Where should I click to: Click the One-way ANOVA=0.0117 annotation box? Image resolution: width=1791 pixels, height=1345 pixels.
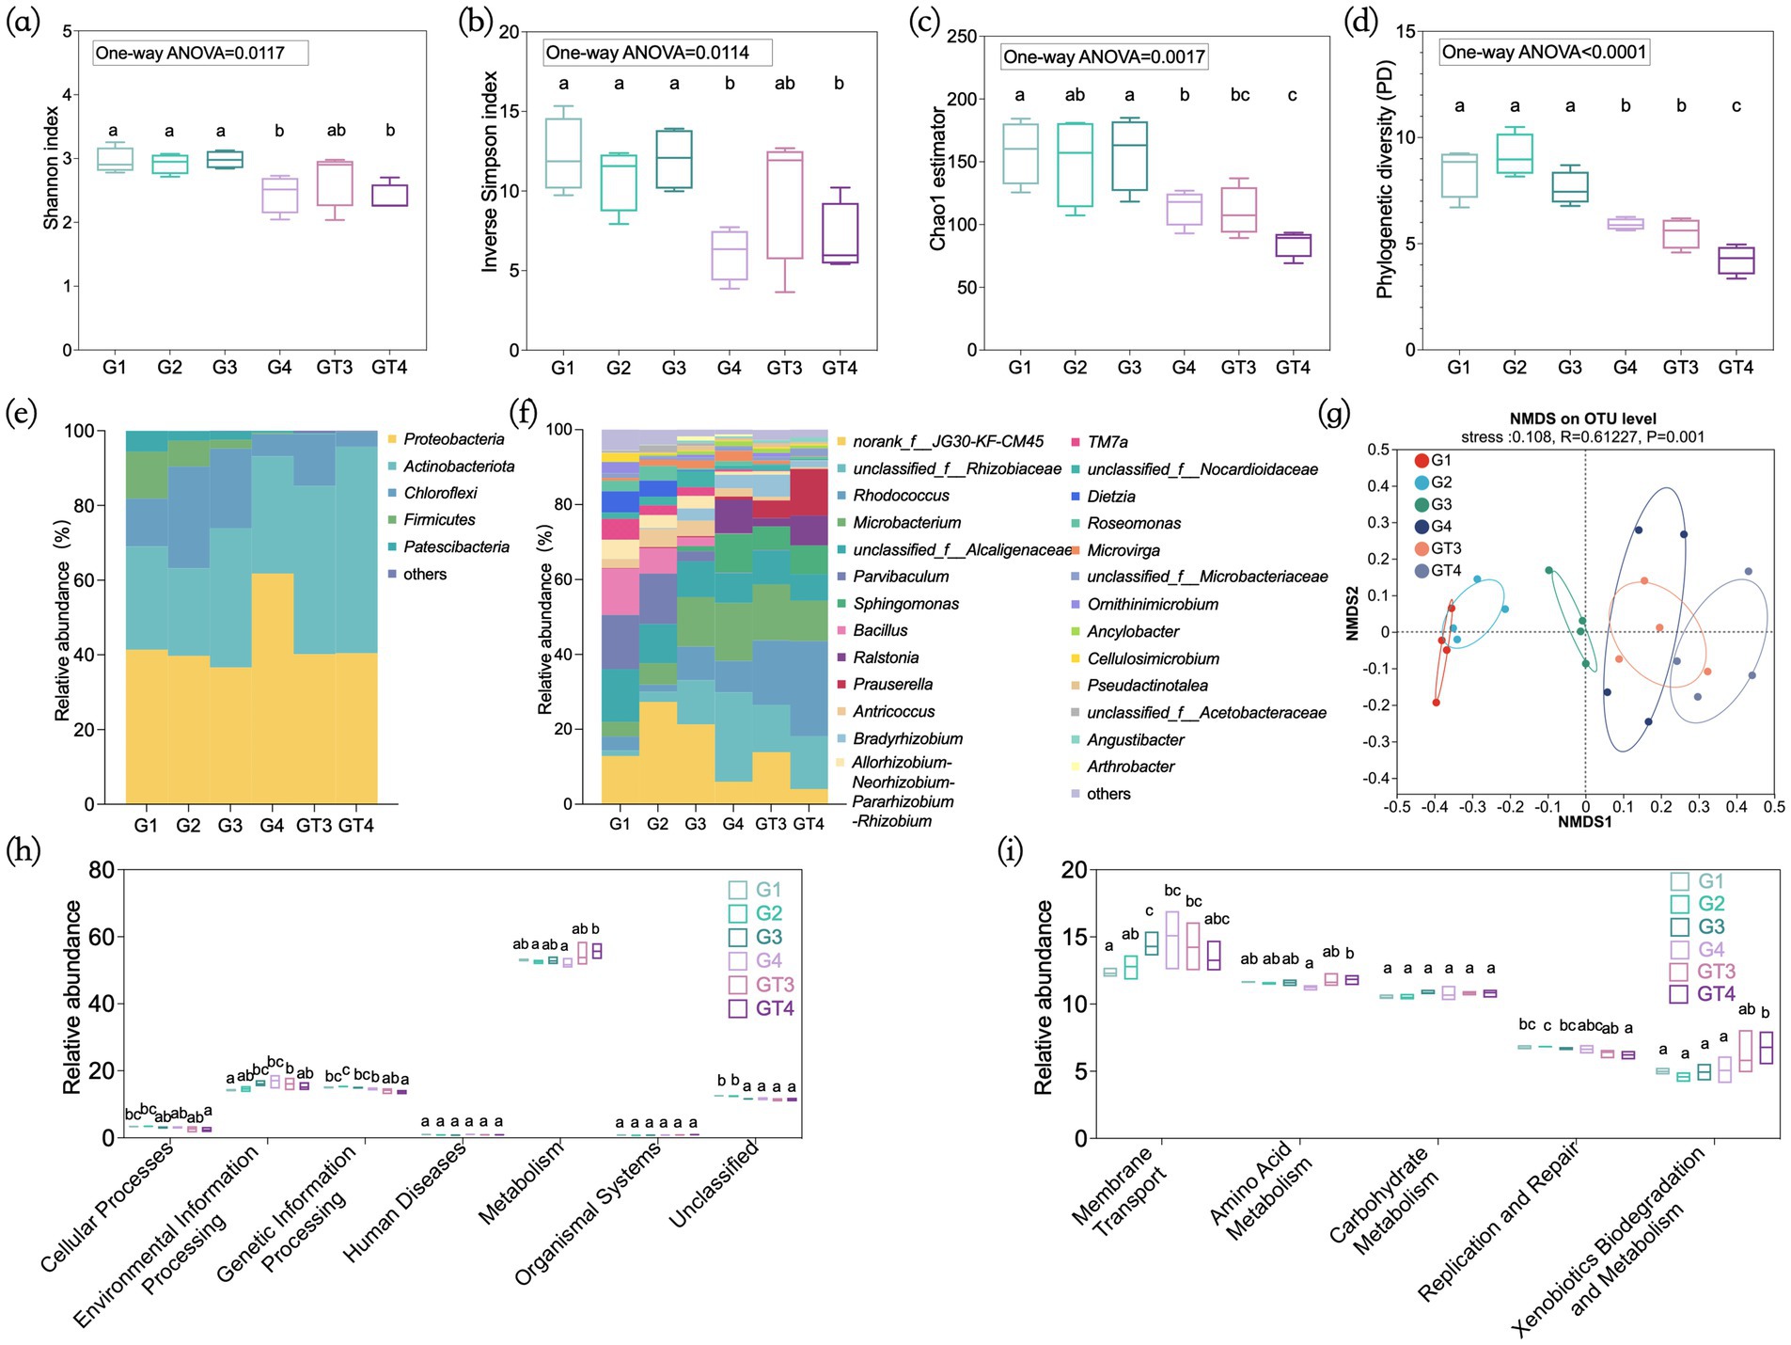(x=200, y=53)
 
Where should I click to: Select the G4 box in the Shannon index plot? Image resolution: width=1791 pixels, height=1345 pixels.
(x=279, y=195)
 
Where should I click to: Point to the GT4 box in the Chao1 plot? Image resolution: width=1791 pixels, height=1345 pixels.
(x=1293, y=245)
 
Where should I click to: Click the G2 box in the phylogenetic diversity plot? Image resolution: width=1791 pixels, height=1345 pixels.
(x=1515, y=153)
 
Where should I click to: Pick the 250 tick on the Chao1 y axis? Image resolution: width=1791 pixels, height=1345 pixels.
(x=962, y=37)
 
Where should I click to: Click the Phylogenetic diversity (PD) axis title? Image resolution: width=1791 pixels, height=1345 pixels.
(x=1384, y=180)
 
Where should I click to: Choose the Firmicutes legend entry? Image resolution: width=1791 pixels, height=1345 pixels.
(x=439, y=520)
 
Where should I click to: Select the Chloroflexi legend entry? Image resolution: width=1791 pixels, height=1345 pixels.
(x=440, y=493)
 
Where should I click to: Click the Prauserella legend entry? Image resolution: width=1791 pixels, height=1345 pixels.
(x=892, y=685)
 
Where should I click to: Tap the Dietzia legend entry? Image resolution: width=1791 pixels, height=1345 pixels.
(x=1111, y=497)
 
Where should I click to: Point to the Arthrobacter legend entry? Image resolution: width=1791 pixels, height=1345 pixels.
(x=1130, y=767)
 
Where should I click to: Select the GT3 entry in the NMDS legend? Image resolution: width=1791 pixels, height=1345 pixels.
(x=1446, y=548)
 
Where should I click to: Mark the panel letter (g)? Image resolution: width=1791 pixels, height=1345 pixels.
(x=1335, y=413)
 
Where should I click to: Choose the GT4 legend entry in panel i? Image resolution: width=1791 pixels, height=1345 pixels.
(x=1716, y=994)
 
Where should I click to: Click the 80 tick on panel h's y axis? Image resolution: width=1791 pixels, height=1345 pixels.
(x=102, y=870)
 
